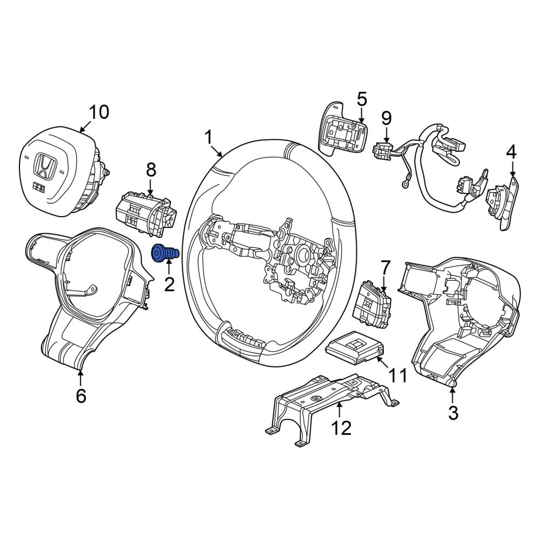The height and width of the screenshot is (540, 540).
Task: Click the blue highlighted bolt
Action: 165,253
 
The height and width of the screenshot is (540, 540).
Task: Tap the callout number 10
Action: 99,112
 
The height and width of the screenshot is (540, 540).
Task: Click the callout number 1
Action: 208,137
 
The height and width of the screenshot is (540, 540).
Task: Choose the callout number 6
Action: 81,396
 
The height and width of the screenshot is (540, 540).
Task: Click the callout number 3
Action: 453,412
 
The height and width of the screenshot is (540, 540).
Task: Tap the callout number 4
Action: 512,152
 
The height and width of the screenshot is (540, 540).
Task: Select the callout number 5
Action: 362,99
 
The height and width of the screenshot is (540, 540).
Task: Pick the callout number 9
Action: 387,118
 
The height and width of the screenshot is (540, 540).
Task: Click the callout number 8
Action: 151,170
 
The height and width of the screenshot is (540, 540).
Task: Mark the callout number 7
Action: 386,268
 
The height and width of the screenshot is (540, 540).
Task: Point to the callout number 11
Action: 397,375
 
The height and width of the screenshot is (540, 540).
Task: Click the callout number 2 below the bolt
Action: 169,284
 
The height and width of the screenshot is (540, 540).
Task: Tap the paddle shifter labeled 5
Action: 343,129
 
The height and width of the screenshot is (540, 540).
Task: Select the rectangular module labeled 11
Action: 355,347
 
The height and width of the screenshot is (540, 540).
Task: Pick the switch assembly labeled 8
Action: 146,215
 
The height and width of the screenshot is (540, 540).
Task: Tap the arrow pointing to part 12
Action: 339,410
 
